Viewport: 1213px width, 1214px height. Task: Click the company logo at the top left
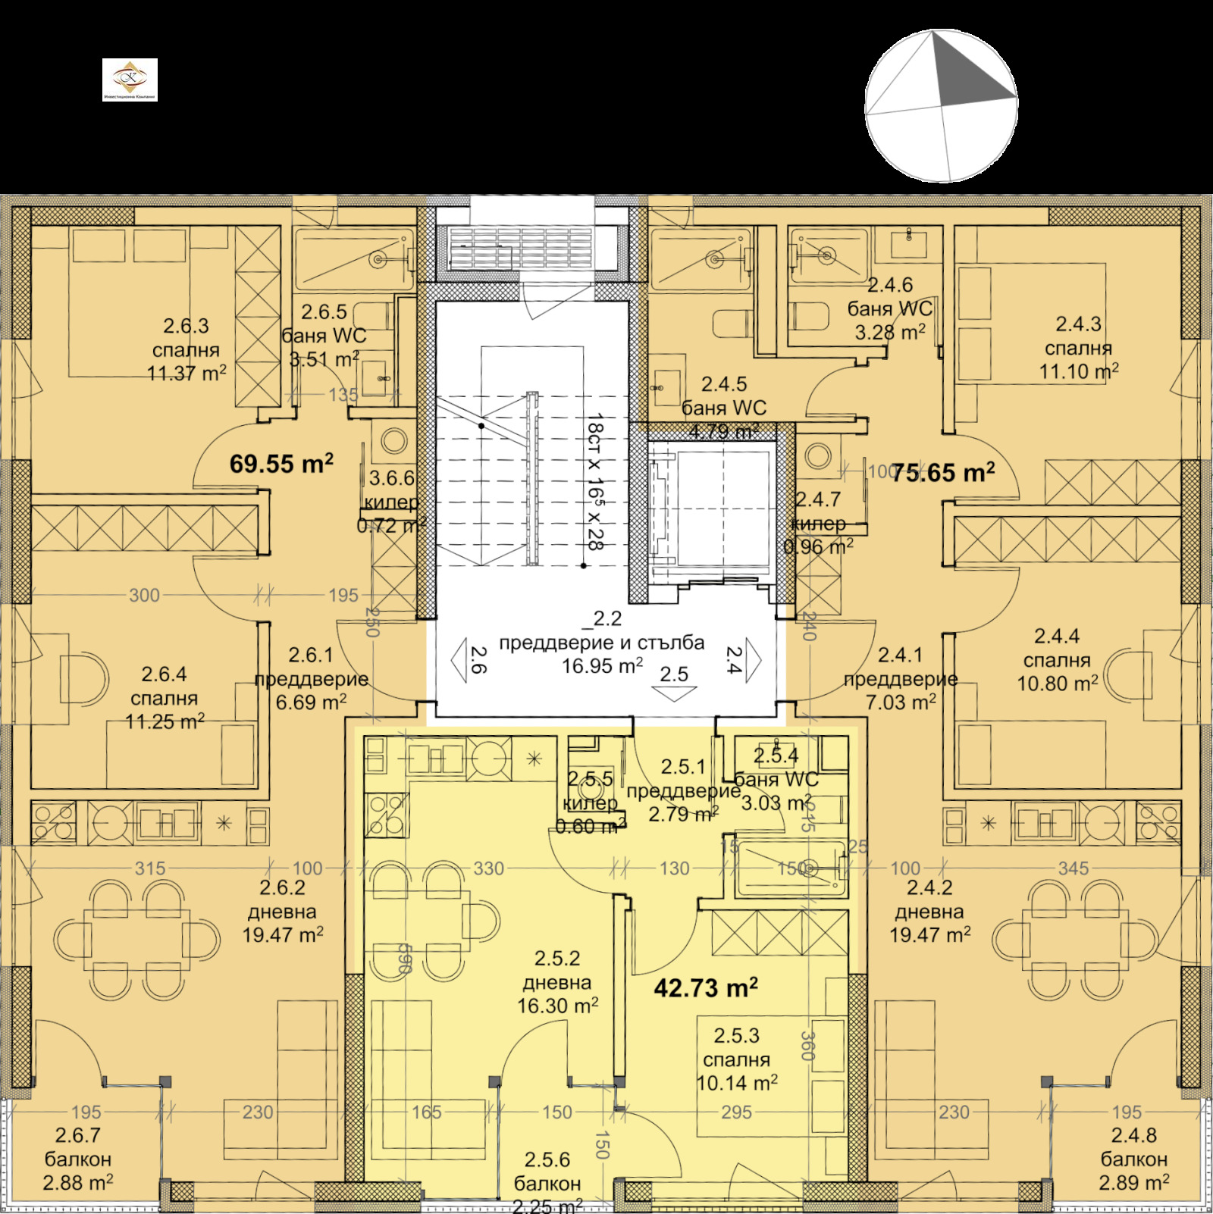130,80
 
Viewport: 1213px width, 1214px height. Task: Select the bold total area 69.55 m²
281,464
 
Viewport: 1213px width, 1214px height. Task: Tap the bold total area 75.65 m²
942,473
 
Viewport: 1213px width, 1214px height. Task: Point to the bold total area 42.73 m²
705,987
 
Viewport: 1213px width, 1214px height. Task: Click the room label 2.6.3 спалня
186,349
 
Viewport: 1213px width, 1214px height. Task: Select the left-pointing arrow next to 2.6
460,659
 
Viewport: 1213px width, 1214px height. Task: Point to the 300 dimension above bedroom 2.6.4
144,595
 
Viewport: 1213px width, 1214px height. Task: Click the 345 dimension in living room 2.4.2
1073,868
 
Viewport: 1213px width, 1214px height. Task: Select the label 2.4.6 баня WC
890,308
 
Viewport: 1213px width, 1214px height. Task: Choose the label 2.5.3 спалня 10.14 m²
736,1059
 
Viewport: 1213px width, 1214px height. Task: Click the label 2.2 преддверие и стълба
601,643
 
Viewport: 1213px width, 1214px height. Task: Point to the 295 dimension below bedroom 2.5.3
736,1112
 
